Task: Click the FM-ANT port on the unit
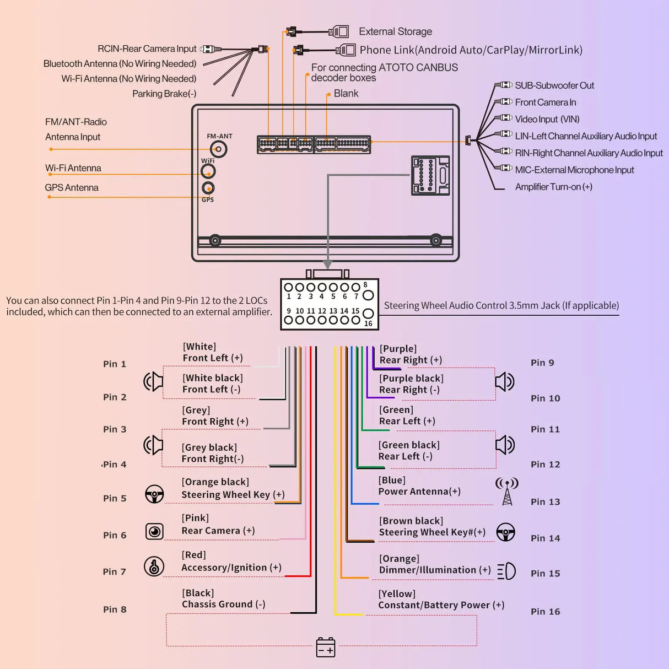(x=219, y=149)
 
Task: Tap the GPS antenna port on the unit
(x=208, y=188)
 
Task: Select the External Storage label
(x=395, y=31)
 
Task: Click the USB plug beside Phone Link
(x=346, y=50)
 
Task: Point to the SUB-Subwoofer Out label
(x=554, y=85)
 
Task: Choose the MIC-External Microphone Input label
(x=574, y=170)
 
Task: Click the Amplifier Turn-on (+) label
(x=553, y=187)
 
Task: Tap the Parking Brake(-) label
(x=164, y=94)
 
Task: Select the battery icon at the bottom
(x=326, y=647)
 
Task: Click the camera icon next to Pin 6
(x=154, y=531)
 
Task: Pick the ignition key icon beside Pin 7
(x=154, y=567)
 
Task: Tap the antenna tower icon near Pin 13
(x=507, y=491)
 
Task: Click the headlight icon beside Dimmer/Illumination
(x=506, y=571)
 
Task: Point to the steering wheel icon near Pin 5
(x=154, y=494)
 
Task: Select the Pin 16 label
(x=545, y=611)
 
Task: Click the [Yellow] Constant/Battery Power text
(x=441, y=600)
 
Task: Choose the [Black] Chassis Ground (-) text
(x=223, y=598)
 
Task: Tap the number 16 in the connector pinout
(x=368, y=323)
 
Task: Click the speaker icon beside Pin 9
(x=504, y=381)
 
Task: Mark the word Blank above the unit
(x=346, y=94)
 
